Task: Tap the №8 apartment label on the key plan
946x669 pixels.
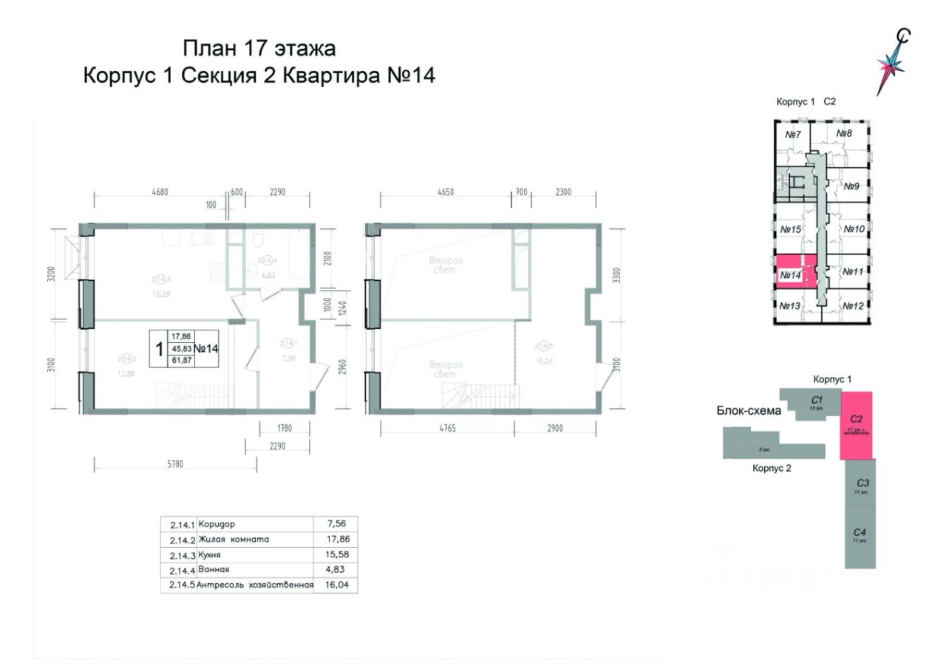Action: click(845, 134)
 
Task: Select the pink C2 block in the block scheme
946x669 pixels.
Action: click(857, 426)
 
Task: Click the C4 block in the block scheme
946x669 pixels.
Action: click(860, 535)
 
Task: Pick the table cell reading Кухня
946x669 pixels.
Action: click(211, 554)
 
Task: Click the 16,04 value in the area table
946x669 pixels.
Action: click(336, 585)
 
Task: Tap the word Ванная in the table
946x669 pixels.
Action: click(214, 570)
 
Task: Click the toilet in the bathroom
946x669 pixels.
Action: click(254, 241)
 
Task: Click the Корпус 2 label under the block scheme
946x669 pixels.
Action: click(772, 468)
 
